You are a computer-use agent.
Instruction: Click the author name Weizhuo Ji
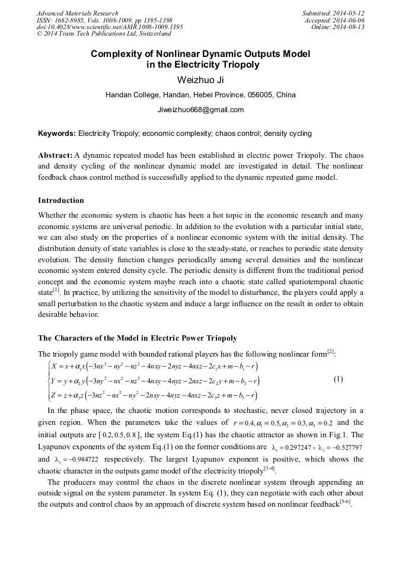pos(200,80)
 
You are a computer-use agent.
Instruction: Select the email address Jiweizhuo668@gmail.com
pos(200,110)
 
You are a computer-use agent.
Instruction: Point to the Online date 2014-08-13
pos(350,27)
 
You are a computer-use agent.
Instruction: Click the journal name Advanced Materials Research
pos(78,13)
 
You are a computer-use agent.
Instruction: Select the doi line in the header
pos(110,27)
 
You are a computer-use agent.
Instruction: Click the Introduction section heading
pos(61,200)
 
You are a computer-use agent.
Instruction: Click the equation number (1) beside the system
pos(338,379)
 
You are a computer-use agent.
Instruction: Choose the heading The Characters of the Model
pos(137,338)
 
